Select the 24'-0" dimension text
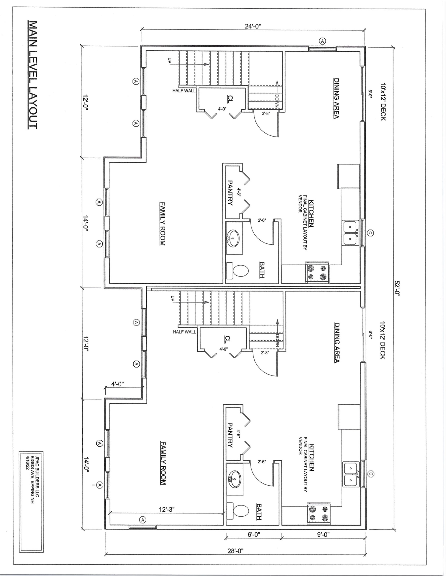point(253,26)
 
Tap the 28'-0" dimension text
point(235,551)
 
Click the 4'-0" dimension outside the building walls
point(117,384)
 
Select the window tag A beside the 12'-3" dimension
point(143,519)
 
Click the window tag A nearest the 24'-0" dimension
point(322,41)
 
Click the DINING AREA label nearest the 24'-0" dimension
point(336,98)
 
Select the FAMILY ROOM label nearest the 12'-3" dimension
point(163,463)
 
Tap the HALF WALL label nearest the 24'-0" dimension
point(184,91)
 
